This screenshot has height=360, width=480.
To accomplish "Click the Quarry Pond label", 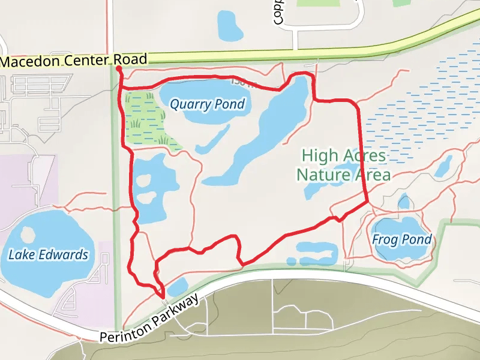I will (207, 104).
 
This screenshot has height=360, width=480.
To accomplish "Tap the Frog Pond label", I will (401, 239).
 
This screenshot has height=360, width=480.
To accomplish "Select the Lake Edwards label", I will (48, 254).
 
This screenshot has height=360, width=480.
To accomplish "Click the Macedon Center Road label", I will (73, 61).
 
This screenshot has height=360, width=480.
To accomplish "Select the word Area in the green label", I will (373, 175).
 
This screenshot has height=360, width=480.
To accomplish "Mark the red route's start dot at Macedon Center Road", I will (118, 68).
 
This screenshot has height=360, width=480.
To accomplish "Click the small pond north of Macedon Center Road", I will (230, 23).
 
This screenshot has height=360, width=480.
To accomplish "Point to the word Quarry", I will (190, 104).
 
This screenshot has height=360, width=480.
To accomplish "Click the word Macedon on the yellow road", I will (28, 61).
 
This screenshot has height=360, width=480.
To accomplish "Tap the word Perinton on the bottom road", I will (124, 331).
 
